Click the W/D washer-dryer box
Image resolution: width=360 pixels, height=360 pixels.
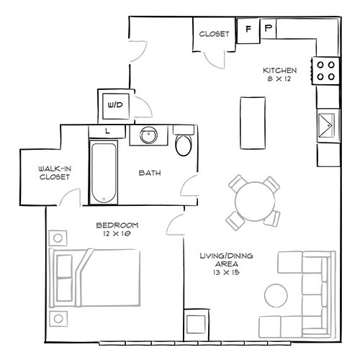pos(115,105)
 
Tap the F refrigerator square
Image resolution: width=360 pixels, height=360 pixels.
pos(248,30)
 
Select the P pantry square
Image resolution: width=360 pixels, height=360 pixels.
pos(268,30)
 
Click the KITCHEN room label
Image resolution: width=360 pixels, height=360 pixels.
pos(280,70)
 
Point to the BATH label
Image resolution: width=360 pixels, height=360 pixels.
pos(149,172)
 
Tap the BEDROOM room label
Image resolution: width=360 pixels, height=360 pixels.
pos(117,225)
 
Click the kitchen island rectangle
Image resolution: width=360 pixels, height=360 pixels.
pos(251,120)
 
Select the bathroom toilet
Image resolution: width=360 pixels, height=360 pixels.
pos(184,143)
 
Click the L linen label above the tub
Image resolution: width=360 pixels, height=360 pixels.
pos(107,130)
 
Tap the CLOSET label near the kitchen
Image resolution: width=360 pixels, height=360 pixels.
pos(214,34)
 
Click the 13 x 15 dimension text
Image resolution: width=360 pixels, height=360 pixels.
pos(221,273)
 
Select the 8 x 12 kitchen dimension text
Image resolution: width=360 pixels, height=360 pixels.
pos(280,79)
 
